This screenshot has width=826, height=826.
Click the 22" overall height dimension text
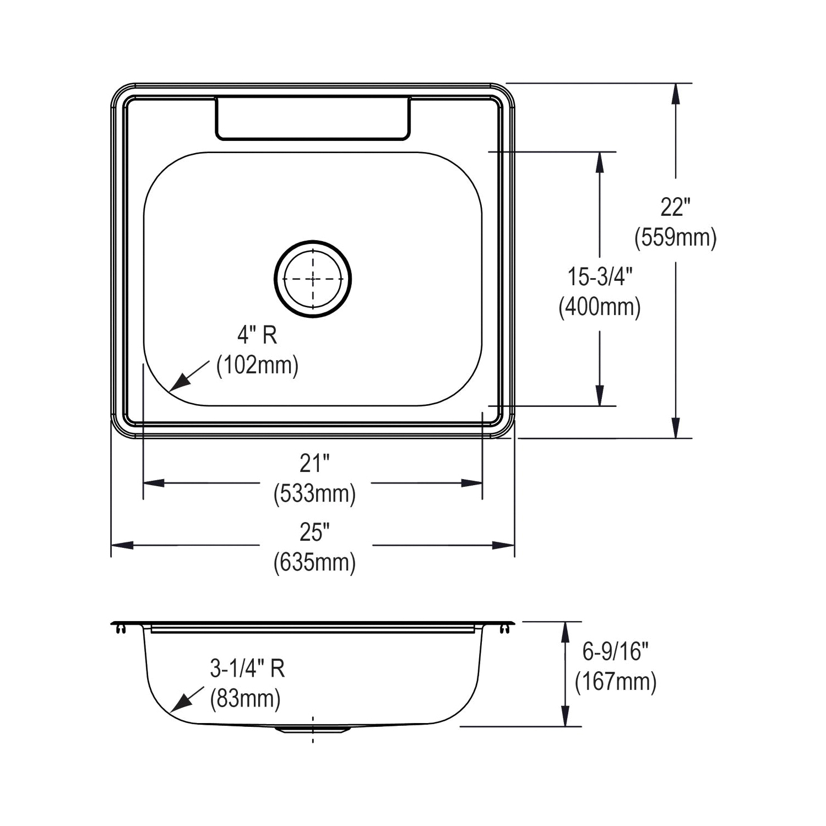coord(675,208)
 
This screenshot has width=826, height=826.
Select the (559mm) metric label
coord(675,238)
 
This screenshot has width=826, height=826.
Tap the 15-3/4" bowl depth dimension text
coord(600,276)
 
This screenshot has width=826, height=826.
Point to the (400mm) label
coord(600,307)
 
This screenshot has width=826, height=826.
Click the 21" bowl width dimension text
coord(314,464)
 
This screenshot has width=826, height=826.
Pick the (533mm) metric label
coord(314,494)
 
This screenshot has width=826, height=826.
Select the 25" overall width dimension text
coord(314,532)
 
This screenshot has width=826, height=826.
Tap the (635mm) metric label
coord(314,562)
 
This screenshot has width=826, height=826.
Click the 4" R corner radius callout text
coord(257,335)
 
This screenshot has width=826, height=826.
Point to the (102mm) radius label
coord(257,365)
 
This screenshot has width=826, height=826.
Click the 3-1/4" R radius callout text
coord(247,669)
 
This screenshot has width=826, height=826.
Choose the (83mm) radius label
coord(246,699)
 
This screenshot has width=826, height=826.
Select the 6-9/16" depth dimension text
coord(616,652)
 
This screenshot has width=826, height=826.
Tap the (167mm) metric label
coord(616,682)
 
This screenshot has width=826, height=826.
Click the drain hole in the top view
coord(313,279)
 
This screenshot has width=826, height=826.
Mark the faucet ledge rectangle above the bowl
coord(312,118)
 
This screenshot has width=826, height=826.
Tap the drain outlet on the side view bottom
coord(312,729)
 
